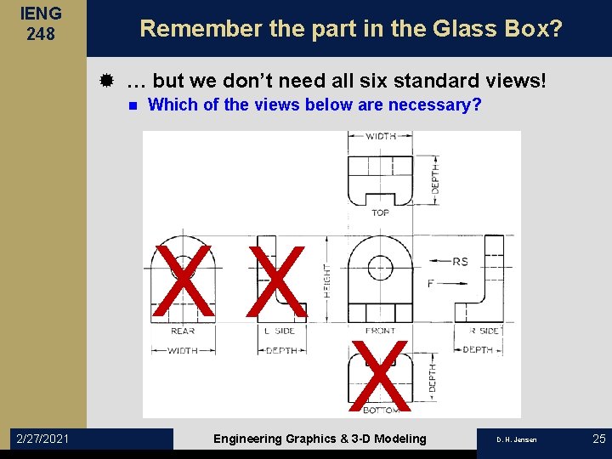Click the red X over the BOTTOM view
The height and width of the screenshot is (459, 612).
coord(379,374)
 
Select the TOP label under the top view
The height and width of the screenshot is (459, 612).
coord(380,212)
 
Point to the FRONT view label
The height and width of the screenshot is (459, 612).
coord(380,331)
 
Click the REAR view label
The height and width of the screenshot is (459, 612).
coord(183,331)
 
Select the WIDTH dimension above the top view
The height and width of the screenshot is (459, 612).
coord(380,136)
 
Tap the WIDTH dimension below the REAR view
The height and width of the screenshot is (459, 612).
coord(183,350)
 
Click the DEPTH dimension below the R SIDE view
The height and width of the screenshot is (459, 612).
coord(478,350)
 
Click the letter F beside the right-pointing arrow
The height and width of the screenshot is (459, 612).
coord(430,283)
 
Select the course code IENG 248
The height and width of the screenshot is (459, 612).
coord(40,24)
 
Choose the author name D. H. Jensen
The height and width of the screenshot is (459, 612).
coord(518,439)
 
